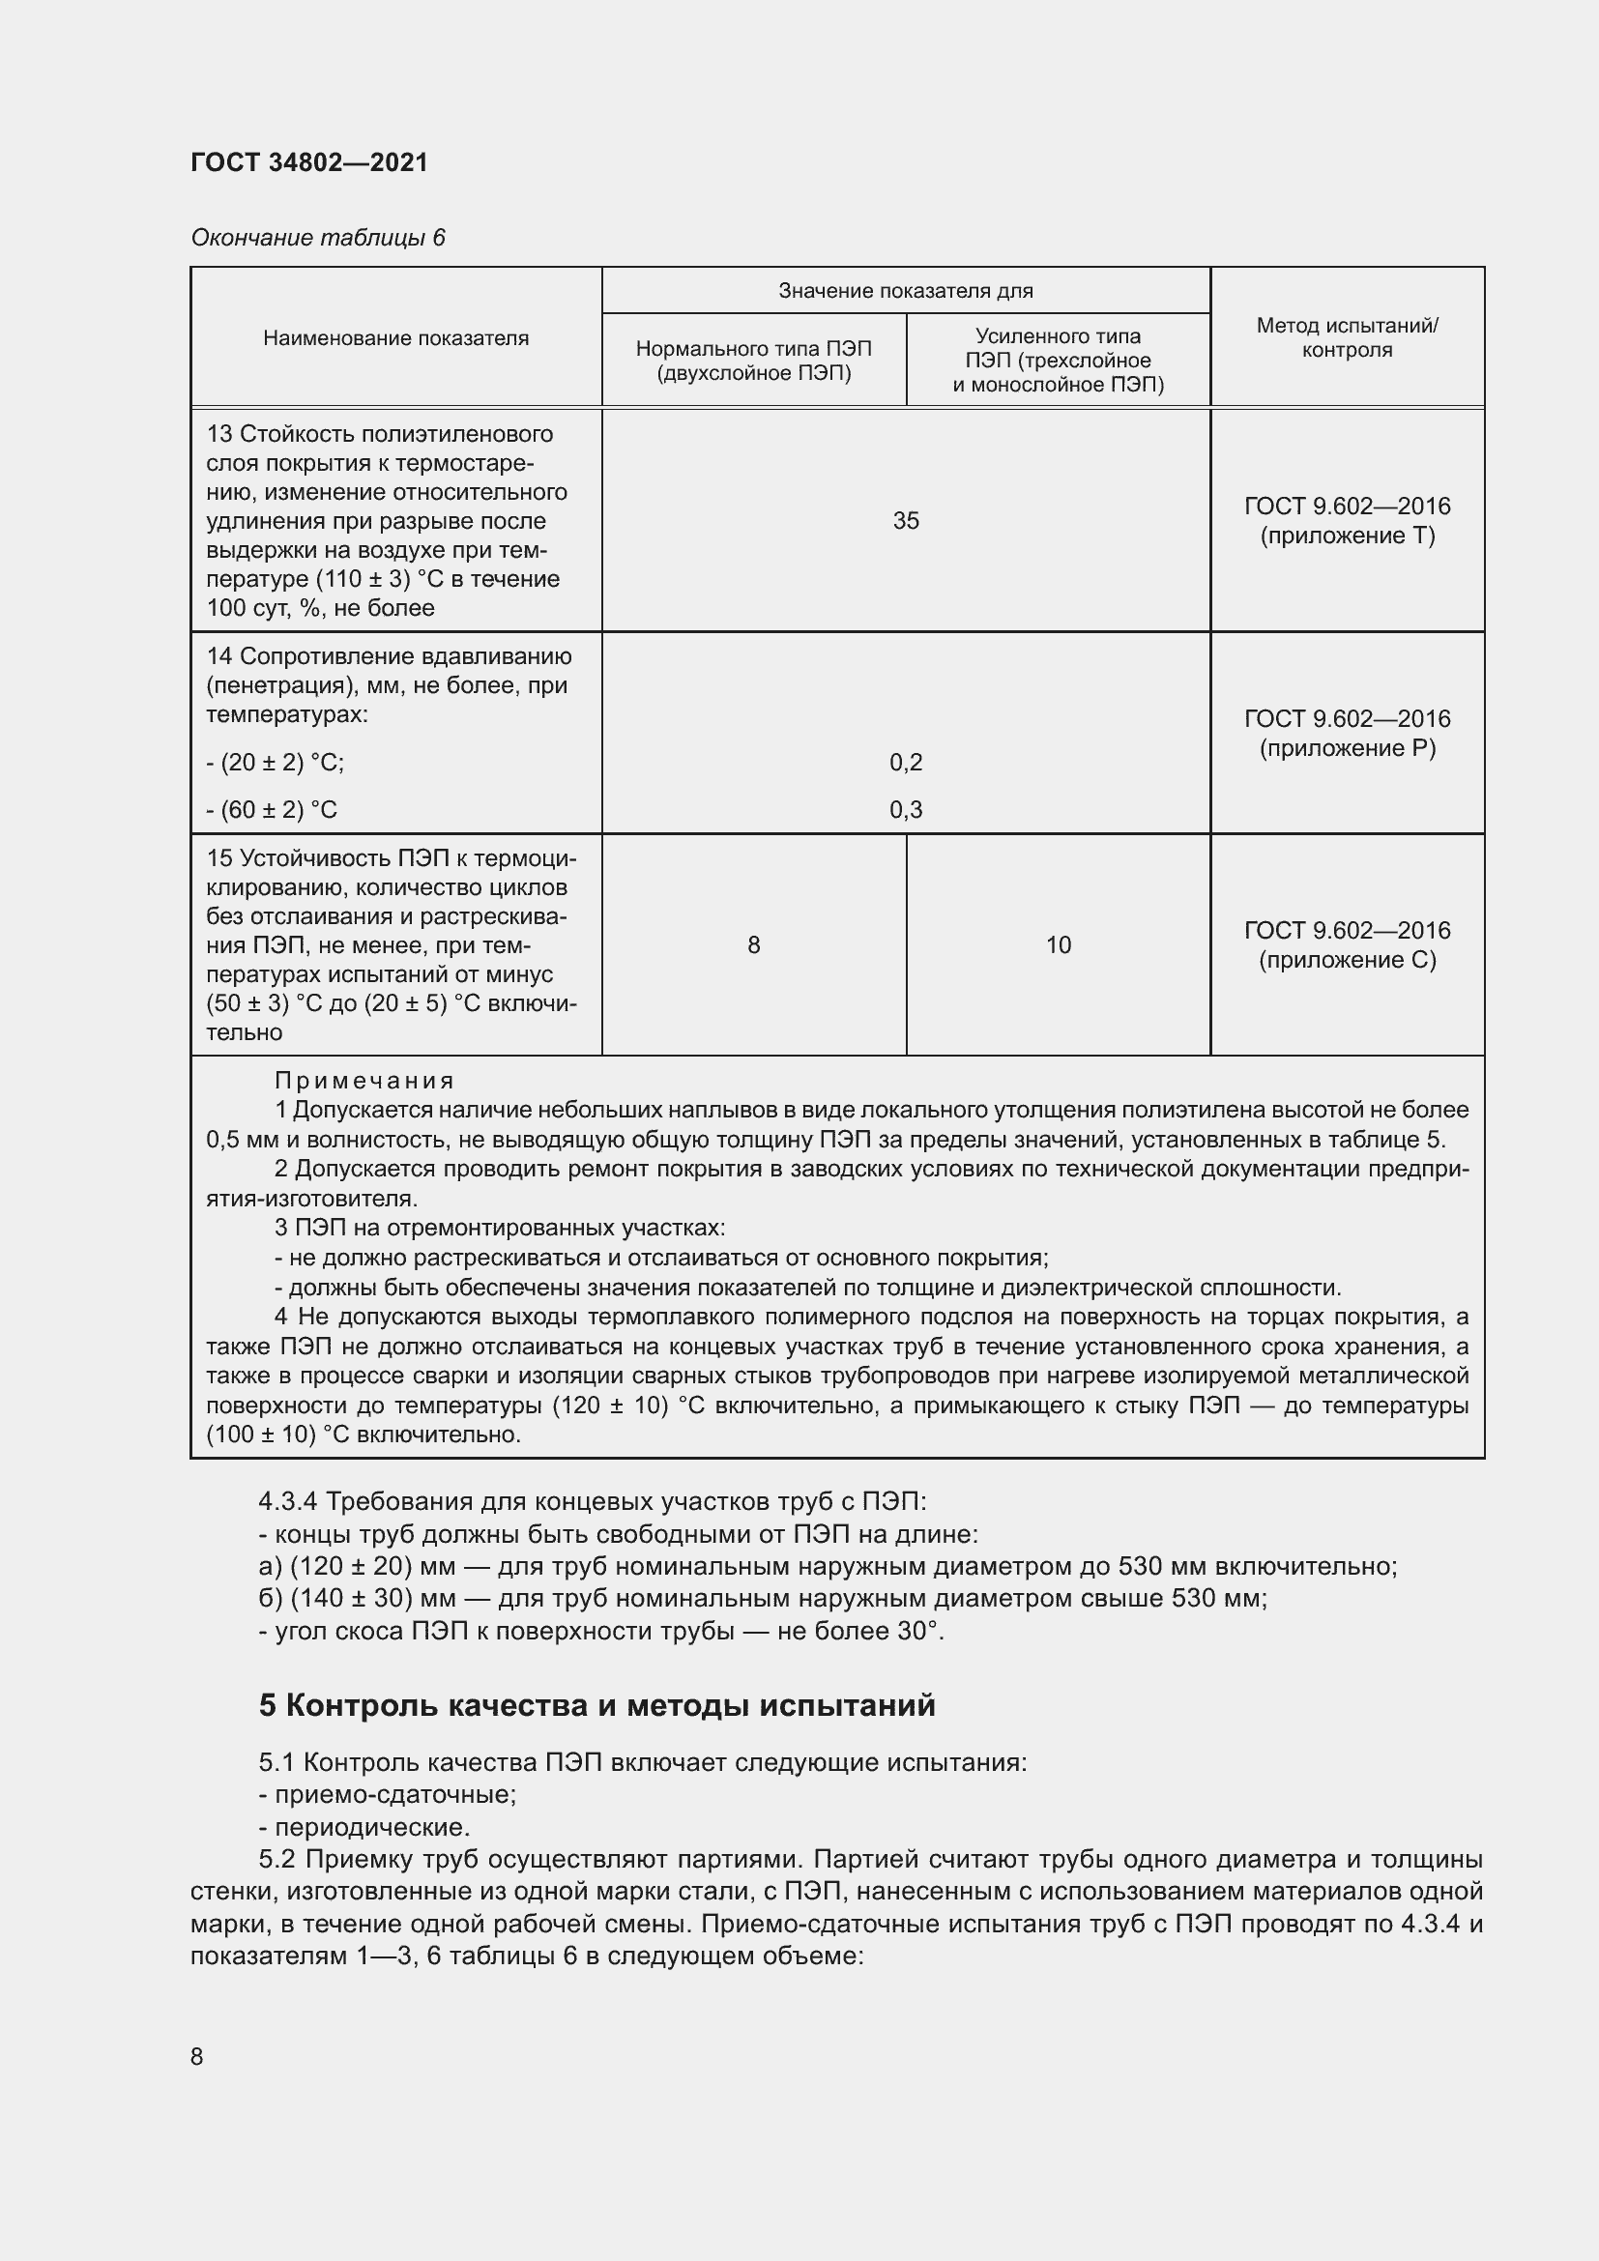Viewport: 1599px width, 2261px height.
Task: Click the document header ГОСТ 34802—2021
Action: click(309, 162)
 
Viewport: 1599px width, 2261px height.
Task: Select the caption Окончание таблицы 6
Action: click(318, 238)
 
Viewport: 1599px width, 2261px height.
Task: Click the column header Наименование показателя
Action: click(395, 337)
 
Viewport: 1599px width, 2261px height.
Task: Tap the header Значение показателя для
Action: click(905, 291)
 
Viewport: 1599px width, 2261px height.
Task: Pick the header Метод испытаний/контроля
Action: click(1346, 337)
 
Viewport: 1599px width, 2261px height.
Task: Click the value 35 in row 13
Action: click(905, 520)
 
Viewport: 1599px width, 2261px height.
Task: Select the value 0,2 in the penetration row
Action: click(905, 761)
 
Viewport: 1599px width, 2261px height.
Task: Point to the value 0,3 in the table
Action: click(905, 809)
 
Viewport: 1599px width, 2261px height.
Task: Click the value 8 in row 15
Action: click(753, 945)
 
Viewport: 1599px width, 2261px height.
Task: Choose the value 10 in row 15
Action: click(1058, 945)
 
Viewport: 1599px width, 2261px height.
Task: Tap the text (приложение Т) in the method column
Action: click(1346, 536)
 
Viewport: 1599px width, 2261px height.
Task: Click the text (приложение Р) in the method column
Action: click(1346, 748)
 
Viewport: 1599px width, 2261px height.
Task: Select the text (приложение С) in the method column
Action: click(1346, 960)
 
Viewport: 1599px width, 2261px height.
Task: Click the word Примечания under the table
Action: click(363, 1082)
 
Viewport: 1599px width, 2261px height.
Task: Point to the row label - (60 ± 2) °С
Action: click(272, 809)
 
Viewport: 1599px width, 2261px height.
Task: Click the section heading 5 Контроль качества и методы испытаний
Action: click(596, 1704)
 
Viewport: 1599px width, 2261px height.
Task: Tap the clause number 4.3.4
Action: click(287, 1502)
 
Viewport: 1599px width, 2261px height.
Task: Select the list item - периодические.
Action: click(364, 1827)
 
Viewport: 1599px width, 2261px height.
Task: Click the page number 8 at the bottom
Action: click(197, 2056)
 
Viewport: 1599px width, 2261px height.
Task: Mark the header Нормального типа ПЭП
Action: click(753, 349)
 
